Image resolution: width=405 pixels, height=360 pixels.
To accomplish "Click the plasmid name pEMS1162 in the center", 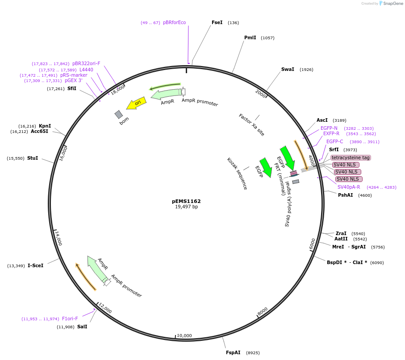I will [186, 201].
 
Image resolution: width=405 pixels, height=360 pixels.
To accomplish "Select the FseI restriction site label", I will [217, 22].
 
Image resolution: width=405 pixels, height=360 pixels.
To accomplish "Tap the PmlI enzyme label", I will [250, 37].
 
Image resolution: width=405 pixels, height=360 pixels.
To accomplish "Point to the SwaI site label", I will [288, 69].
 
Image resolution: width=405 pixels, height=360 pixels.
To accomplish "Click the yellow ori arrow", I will [136, 103].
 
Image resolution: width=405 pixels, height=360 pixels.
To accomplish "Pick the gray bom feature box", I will [119, 114].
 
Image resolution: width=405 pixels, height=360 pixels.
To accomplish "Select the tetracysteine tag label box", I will [351, 157].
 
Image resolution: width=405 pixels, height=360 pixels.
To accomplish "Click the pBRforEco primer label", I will [174, 22].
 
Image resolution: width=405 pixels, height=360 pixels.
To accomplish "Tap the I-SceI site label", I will [36, 265].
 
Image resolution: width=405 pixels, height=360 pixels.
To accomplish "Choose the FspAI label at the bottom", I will [233, 352].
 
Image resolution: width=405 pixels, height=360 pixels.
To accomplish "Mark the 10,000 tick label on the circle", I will [184, 335].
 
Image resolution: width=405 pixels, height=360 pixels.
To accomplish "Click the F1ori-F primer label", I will [70, 319].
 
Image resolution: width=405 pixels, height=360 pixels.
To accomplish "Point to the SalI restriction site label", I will [82, 327].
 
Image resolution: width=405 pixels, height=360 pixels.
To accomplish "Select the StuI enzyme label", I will [33, 158].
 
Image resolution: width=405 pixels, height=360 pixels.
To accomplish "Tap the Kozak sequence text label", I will [237, 174].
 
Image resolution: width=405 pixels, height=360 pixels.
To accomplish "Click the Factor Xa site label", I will [251, 125].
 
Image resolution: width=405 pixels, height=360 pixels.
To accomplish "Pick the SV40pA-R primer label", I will [349, 187].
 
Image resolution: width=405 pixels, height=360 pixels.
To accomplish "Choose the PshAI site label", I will [346, 195].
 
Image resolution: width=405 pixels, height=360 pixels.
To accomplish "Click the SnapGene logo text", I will [393, 4].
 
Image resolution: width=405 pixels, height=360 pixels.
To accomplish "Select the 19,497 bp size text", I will [186, 207].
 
